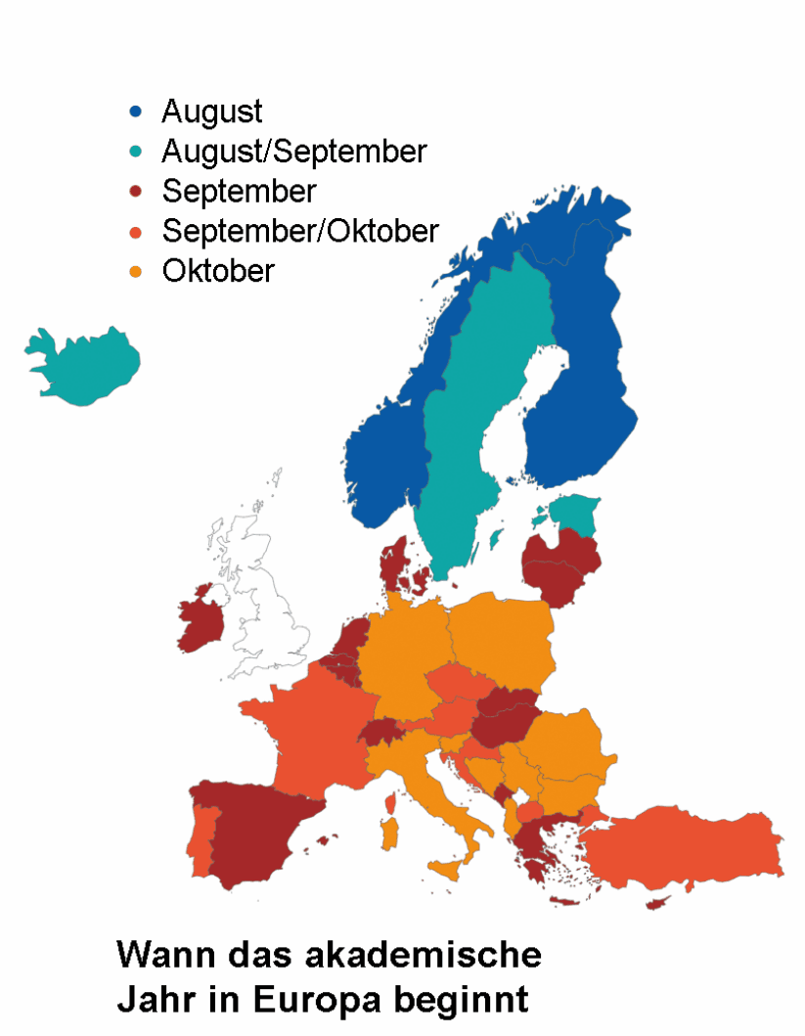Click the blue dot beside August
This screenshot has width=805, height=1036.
(137, 112)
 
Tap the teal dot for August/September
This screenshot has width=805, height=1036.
(137, 152)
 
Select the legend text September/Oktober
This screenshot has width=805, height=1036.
(300, 231)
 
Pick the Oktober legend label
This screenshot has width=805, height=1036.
(218, 270)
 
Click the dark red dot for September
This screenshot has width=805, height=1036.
(137, 191)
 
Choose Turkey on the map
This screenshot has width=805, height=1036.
(685, 846)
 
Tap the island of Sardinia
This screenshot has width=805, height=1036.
(392, 834)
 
